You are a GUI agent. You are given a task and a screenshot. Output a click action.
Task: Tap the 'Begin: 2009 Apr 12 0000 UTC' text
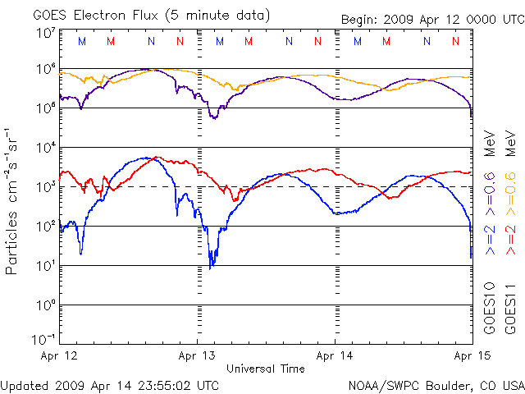[431, 20]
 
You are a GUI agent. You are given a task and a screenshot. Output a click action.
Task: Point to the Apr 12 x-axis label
[60, 356]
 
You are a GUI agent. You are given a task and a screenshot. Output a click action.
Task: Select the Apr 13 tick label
[198, 356]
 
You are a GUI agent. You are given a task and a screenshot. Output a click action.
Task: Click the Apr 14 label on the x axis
[335, 356]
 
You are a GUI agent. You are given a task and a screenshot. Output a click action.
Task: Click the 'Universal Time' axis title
[266, 369]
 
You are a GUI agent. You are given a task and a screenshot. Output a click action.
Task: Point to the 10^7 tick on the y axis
[46, 33]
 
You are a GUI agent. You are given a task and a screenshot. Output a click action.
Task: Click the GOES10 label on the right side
[490, 308]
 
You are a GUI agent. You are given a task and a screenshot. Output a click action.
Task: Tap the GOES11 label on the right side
[510, 308]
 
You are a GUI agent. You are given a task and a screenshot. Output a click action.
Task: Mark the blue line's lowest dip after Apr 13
[211, 268]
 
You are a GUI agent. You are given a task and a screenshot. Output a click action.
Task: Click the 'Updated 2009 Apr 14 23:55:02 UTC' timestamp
[110, 385]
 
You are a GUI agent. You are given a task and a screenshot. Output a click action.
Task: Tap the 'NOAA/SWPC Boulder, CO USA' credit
[436, 385]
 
